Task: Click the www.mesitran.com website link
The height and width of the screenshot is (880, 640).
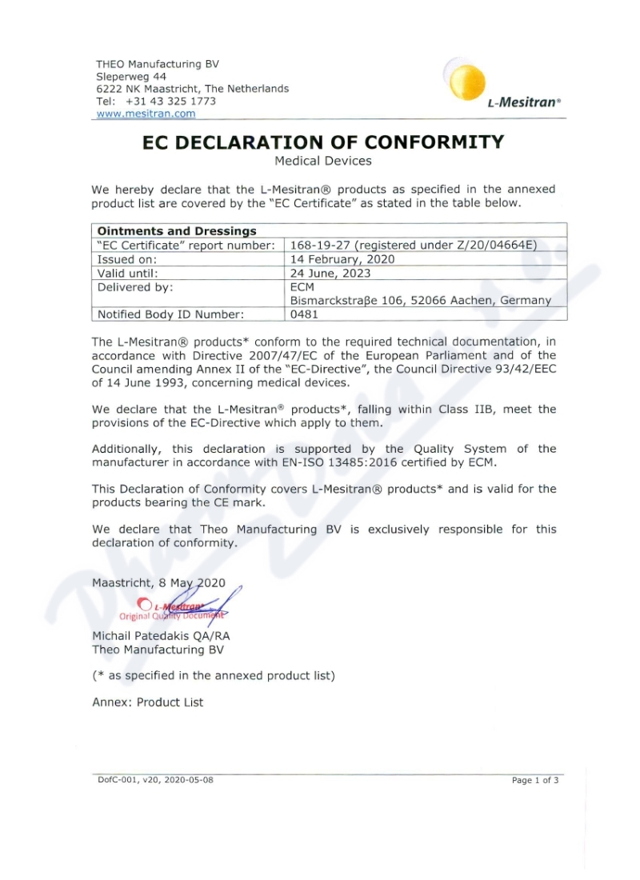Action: tap(146, 114)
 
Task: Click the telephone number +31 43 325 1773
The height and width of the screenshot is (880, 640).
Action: tap(170, 102)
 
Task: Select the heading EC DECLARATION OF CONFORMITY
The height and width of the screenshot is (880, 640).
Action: tap(323, 142)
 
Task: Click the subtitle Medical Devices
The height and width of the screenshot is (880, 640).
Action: tap(323, 161)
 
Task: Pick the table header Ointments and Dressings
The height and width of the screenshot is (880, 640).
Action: tap(177, 231)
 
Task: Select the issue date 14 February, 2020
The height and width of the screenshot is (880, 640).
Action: tap(342, 259)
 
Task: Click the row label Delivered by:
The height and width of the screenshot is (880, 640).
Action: tap(135, 286)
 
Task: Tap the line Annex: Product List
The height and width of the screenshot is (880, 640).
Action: tap(148, 702)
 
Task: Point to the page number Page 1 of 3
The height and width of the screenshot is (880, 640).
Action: tap(535, 780)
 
